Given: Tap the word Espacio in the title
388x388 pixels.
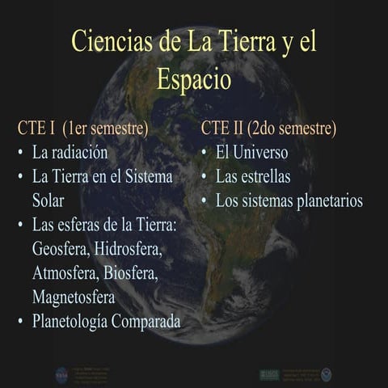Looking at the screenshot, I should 193,80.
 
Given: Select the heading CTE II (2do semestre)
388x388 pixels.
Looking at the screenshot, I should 269,129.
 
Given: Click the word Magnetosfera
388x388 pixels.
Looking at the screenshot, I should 73,297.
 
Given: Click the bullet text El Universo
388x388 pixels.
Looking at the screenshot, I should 251,152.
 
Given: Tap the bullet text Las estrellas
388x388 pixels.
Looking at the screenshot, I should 253,176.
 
